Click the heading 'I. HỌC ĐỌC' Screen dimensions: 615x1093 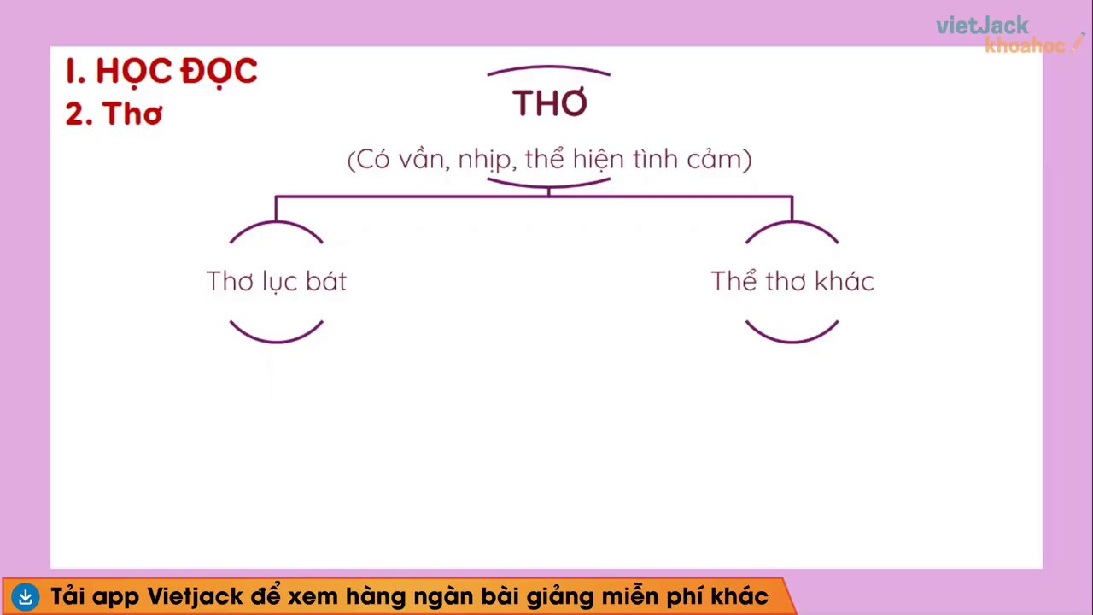(161, 72)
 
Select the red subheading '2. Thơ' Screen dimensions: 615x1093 (114, 114)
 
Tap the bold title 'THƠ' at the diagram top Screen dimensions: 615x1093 (550, 103)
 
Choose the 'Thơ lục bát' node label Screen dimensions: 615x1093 (277, 281)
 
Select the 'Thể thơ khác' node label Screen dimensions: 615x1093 (792, 281)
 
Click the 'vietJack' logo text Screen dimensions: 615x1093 (982, 26)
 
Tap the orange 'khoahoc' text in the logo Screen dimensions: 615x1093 (1025, 45)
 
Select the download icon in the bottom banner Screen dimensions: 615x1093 (26, 596)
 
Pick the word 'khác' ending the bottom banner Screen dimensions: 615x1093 (739, 595)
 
